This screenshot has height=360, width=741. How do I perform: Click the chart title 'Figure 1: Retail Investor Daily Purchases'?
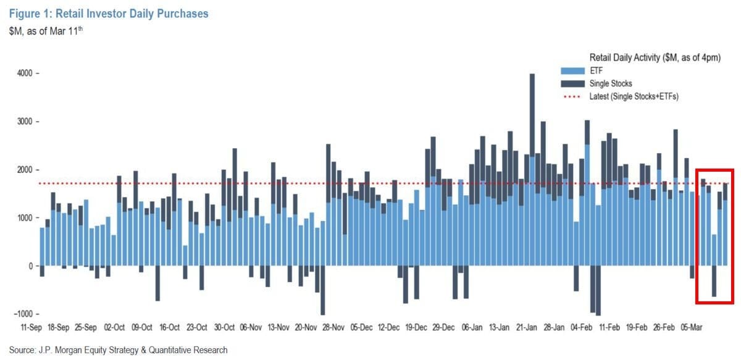click(x=109, y=13)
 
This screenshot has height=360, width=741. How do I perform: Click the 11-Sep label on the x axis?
click(x=31, y=327)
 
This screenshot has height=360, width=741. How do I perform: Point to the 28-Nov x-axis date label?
click(x=333, y=327)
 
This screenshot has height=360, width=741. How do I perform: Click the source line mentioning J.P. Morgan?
click(x=118, y=350)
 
